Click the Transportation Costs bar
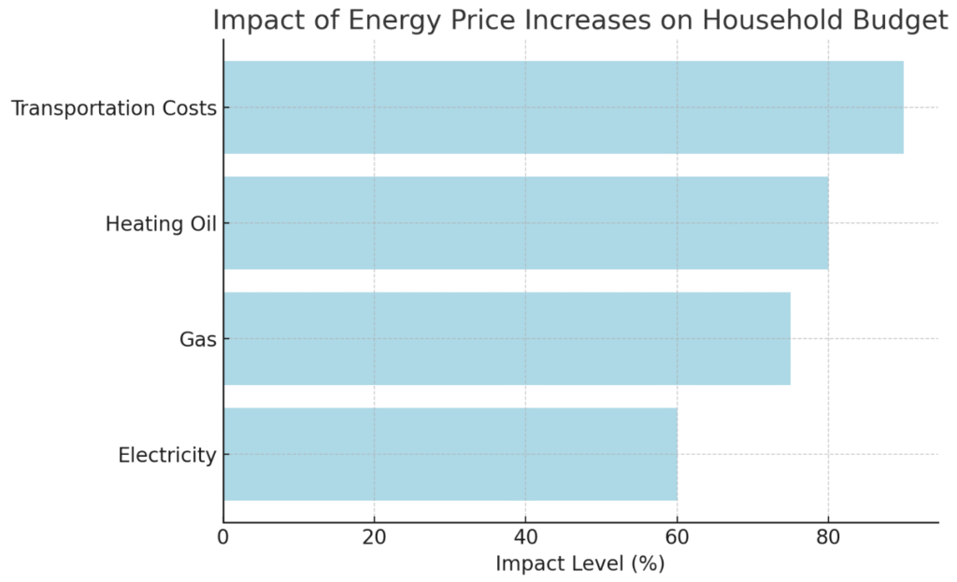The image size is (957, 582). tap(564, 107)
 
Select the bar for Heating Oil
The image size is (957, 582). tap(525, 223)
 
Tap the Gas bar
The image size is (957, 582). tap(507, 338)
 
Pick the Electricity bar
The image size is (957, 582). tap(450, 454)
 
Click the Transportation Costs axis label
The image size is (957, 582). tap(113, 108)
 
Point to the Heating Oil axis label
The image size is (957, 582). tap(161, 224)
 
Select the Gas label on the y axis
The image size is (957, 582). tap(197, 339)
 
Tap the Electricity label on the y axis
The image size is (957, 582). tap(167, 455)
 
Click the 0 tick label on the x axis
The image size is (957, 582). tap(223, 537)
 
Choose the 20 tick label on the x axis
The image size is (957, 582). tap(374, 537)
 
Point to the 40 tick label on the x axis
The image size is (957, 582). tap(525, 537)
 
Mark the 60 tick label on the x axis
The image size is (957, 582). tap(677, 537)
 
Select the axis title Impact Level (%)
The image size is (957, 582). tap(579, 563)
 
